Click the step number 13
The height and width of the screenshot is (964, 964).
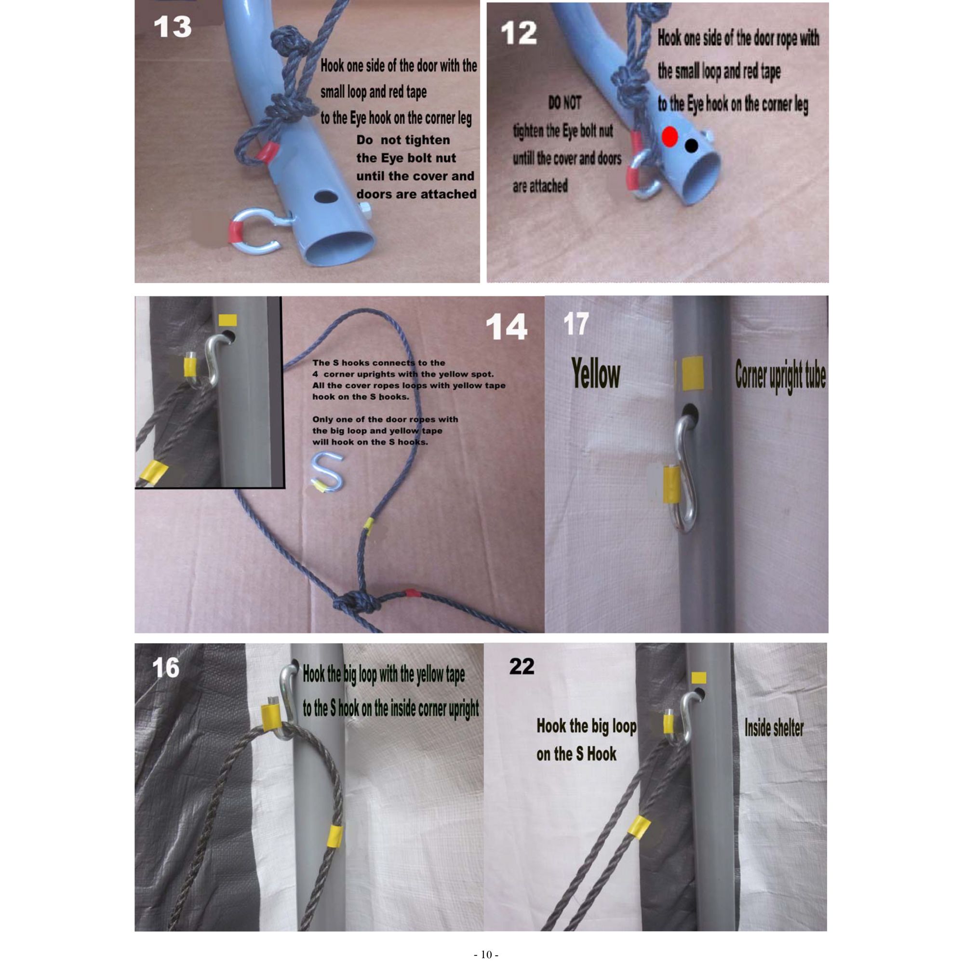pos(172,27)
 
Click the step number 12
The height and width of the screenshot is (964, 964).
pos(519,33)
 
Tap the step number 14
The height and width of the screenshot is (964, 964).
pos(507,327)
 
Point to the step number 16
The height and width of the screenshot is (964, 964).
pos(165,668)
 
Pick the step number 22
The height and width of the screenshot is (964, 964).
pos(522,667)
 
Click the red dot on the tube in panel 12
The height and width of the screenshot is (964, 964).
pos(669,136)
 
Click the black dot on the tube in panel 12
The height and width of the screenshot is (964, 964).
pos(691,145)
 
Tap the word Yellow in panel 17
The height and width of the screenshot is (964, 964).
pos(596,374)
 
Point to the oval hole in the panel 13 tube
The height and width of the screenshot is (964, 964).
pos(325,196)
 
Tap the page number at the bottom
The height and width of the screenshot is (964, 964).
pos(486,954)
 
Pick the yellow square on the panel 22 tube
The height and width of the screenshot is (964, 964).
pos(698,677)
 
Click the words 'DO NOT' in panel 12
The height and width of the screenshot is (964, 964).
pos(564,103)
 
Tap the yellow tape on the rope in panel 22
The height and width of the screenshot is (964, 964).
pos(639,826)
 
